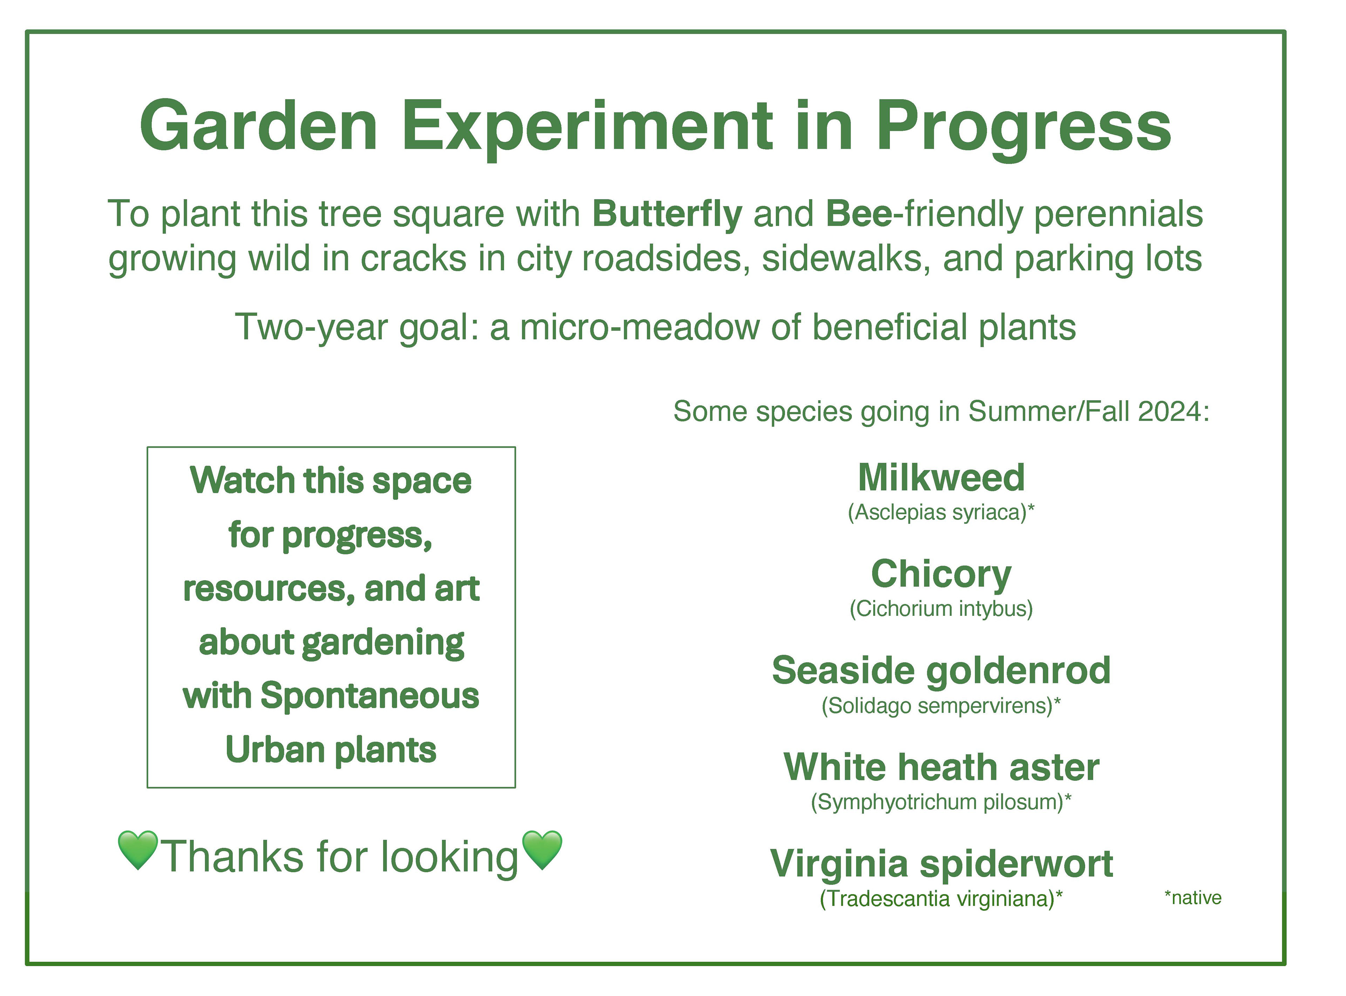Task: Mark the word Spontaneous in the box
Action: coord(370,697)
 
